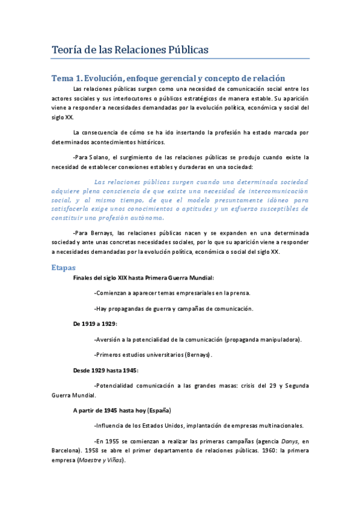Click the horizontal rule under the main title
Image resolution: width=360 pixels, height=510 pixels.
[180, 59]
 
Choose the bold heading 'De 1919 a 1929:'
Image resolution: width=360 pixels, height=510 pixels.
[95, 324]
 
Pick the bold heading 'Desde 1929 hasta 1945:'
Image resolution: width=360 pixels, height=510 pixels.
[106, 370]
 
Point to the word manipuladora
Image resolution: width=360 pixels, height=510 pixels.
[278, 339]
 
